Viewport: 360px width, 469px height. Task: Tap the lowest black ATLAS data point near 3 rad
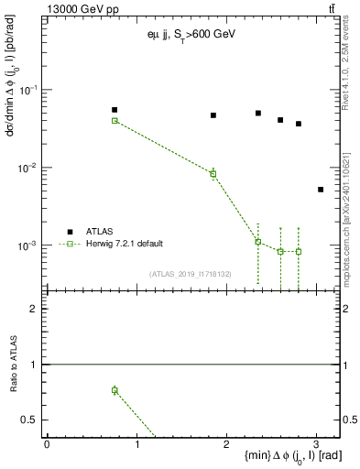coord(320,190)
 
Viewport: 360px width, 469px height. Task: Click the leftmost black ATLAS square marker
coord(115,110)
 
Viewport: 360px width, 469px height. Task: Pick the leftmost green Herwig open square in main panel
coord(115,121)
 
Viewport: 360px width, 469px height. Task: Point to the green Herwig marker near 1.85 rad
coord(213,174)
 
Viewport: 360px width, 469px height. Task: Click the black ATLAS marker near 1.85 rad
coord(213,115)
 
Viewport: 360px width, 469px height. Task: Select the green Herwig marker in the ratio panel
coord(115,390)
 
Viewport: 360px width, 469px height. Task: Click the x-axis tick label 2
coord(226,443)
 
